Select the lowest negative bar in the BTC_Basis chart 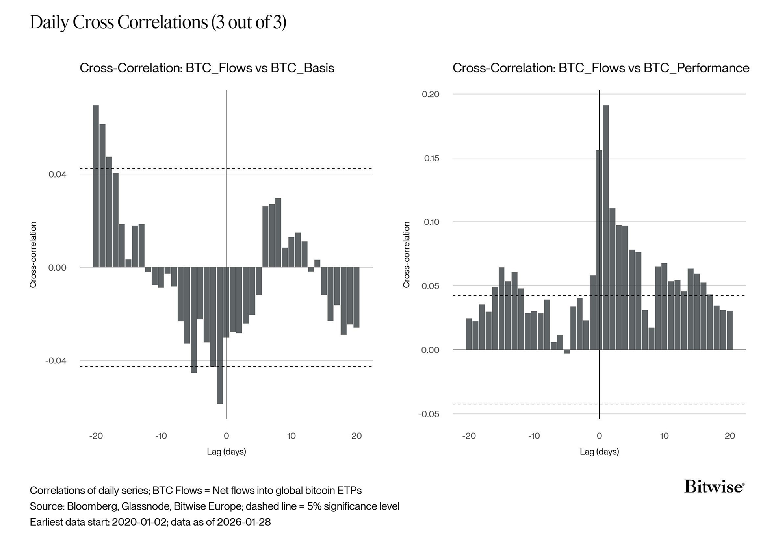click(x=220, y=335)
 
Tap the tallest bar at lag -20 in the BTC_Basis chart click(x=96, y=186)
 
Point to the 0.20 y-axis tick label click(x=430, y=94)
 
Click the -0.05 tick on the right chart click(x=429, y=414)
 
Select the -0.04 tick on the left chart click(x=56, y=361)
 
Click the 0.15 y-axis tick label click(x=431, y=158)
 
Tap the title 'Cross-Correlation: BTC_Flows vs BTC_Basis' click(x=207, y=68)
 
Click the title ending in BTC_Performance click(x=601, y=68)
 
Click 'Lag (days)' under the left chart click(x=226, y=452)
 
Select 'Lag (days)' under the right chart click(x=599, y=452)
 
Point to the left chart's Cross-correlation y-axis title click(x=33, y=255)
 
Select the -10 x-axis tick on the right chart click(x=534, y=436)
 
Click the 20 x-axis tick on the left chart click(x=356, y=436)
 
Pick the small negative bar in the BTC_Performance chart click(x=566, y=352)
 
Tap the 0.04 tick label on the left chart click(x=58, y=174)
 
